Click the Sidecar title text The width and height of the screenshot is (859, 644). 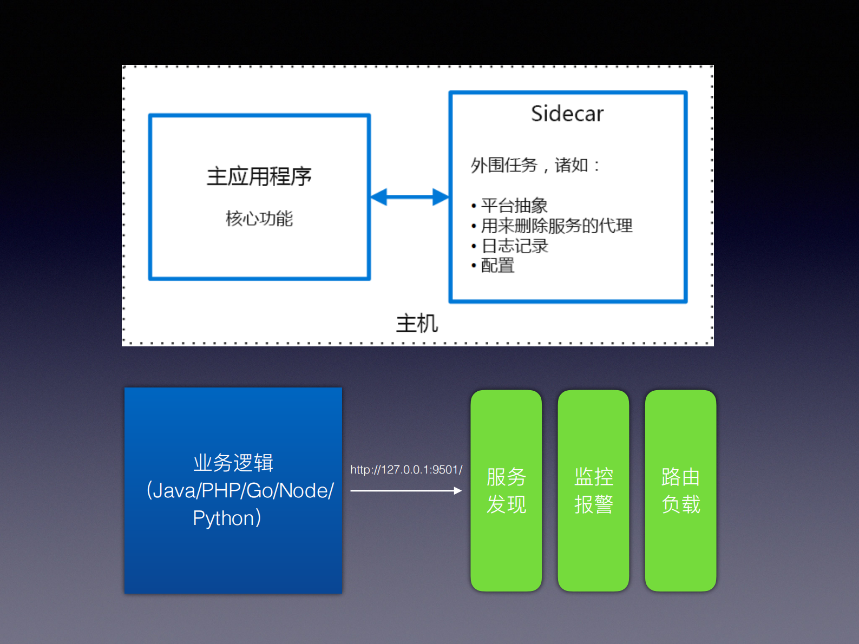coord(567,114)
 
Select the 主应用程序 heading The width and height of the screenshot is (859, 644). coord(259,176)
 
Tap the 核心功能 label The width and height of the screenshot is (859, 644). coord(259,219)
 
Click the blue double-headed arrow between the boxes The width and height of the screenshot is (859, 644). coord(410,197)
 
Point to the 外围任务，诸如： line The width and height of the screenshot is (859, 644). coord(535,165)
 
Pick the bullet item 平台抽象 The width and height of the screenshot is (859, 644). coord(514,206)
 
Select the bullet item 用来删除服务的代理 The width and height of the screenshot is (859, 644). coord(556,226)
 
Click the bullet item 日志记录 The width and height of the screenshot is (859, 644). coord(514,246)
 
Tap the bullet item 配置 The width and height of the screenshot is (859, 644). coord(497,266)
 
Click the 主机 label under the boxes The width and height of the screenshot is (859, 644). coord(417,324)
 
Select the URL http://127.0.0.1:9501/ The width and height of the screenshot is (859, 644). coord(406,470)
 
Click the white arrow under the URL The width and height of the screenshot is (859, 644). coord(406,491)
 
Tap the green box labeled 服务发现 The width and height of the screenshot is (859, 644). coord(506,490)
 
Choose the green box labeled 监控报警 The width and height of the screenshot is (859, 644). coord(593,490)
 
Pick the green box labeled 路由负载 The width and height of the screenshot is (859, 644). coord(680,490)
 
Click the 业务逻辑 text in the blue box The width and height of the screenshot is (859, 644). coord(233,463)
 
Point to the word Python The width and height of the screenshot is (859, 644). coord(224,518)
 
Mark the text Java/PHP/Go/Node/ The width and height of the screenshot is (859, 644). coord(243,491)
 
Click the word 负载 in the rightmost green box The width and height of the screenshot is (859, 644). coord(681,504)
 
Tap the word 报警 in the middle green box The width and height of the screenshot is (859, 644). coord(594,504)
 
